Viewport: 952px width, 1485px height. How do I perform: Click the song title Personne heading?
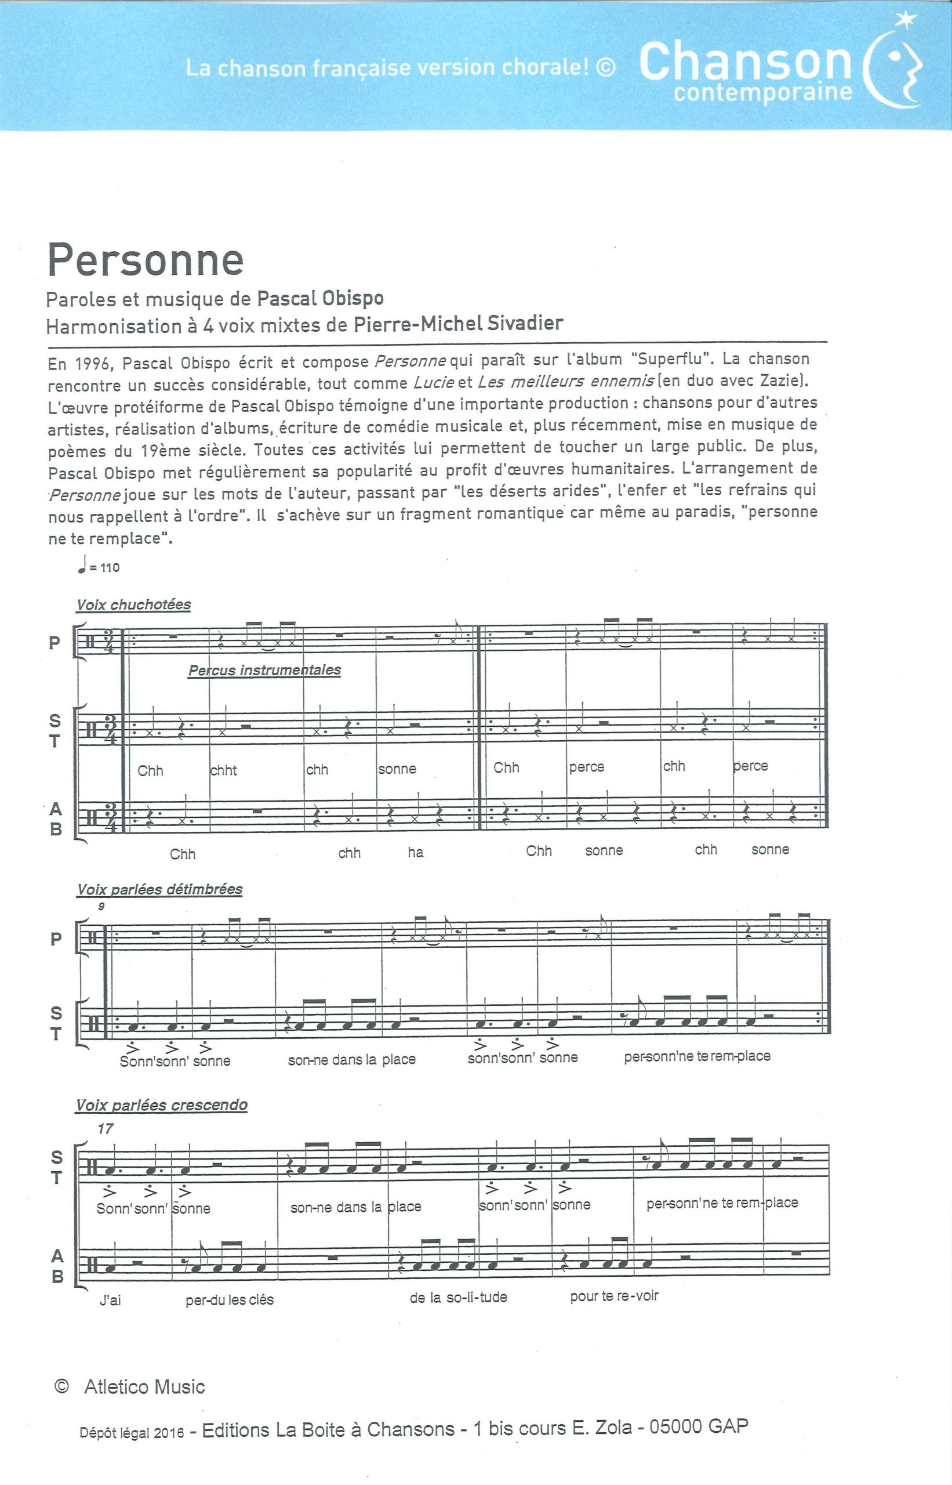pyautogui.click(x=146, y=261)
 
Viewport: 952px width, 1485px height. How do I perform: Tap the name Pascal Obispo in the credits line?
pyautogui.click(x=319, y=299)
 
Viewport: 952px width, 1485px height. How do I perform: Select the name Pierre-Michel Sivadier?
pyautogui.click(x=457, y=324)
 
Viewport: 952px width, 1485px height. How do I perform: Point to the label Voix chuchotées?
pyautogui.click(x=133, y=605)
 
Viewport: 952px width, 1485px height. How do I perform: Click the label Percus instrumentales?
pyautogui.click(x=264, y=670)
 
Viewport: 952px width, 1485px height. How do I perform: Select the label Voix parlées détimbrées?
pyautogui.click(x=159, y=889)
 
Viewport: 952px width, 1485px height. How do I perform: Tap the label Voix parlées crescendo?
pyautogui.click(x=161, y=1104)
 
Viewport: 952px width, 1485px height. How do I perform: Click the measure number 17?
pyautogui.click(x=106, y=1129)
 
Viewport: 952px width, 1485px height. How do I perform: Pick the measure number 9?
pyautogui.click(x=101, y=907)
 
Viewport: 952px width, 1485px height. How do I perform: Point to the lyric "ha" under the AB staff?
pyautogui.click(x=416, y=853)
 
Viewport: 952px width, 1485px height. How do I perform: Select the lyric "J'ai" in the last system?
pyautogui.click(x=110, y=1301)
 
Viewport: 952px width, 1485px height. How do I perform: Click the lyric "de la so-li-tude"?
pyautogui.click(x=458, y=1298)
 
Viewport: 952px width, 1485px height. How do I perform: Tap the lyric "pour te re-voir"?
pyautogui.click(x=614, y=1296)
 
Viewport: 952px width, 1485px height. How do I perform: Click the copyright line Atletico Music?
pyautogui.click(x=143, y=1388)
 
